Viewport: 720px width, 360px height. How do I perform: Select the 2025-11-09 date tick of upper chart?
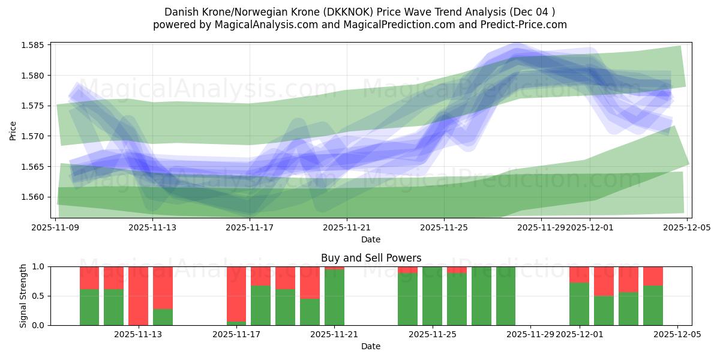coord(56,227)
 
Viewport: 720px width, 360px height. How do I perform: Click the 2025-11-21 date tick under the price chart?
coord(347,227)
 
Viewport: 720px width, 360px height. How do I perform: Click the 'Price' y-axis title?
coord(13,130)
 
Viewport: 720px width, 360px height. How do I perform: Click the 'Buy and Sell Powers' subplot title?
coord(371,258)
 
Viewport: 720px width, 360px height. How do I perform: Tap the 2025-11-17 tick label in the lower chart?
coord(236,335)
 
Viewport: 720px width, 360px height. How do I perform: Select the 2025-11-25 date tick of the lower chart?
coord(432,335)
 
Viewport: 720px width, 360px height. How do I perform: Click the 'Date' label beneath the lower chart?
coord(371,346)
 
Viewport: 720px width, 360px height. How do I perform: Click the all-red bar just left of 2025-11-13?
coord(138,296)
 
